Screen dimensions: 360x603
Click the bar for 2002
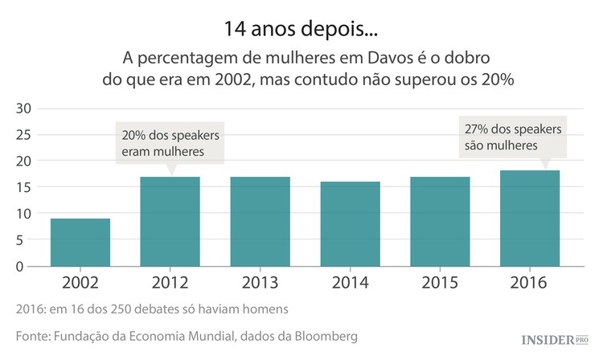click(x=80, y=242)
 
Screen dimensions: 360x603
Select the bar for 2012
click(x=170, y=221)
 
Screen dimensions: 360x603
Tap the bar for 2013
click(x=260, y=221)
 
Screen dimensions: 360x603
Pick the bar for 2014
click(x=350, y=223)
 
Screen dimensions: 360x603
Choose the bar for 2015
click(x=440, y=221)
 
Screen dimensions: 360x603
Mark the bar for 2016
click(x=529, y=218)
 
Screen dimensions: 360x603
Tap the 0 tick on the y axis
click(x=27, y=267)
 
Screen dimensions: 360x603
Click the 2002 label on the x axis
click(x=80, y=283)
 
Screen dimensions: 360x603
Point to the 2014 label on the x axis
click(x=350, y=283)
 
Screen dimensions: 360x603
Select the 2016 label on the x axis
click(x=529, y=283)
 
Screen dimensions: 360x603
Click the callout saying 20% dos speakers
click(x=170, y=143)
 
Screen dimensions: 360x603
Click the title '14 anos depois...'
click(x=301, y=30)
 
